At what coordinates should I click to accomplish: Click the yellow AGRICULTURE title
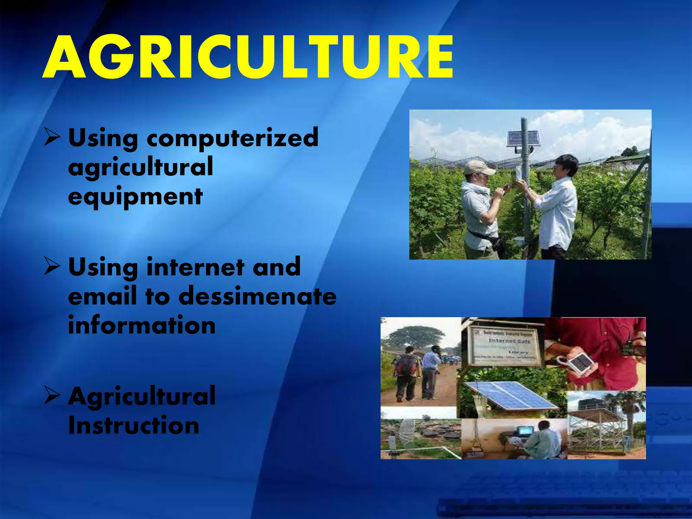[x=248, y=57]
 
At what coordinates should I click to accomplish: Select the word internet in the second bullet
[x=195, y=267]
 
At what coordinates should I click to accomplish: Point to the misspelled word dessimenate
[x=257, y=296]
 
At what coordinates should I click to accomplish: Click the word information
[x=142, y=325]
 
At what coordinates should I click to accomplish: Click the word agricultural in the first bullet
[x=141, y=167]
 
